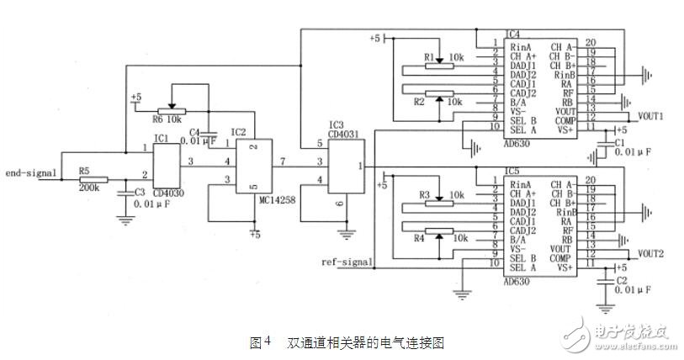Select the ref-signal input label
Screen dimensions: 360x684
point(347,262)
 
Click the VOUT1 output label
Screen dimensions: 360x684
point(651,115)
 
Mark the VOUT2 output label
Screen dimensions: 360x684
point(651,252)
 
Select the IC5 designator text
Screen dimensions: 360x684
point(512,171)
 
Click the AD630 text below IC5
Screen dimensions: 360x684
point(518,283)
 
